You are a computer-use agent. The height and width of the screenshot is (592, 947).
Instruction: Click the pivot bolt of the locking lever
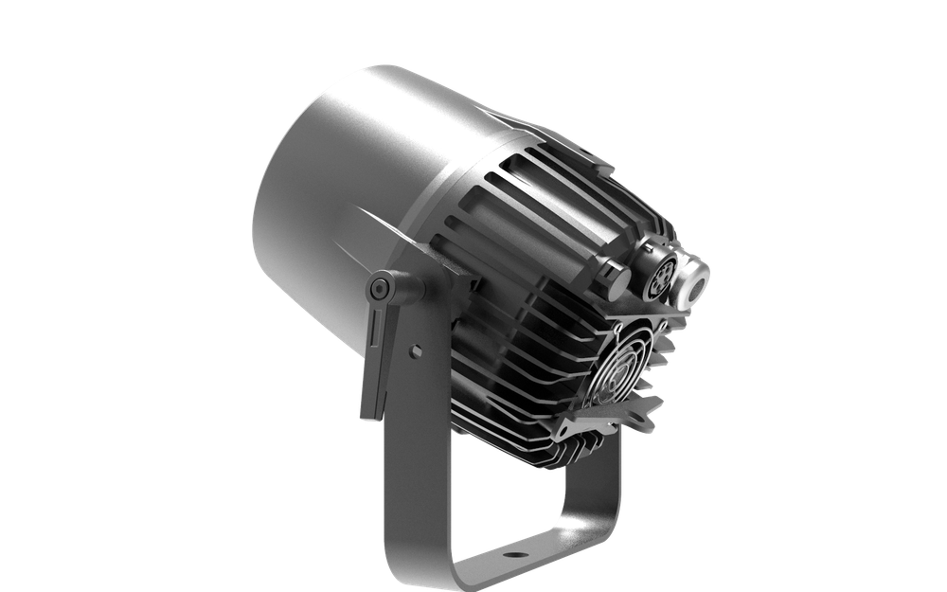380,286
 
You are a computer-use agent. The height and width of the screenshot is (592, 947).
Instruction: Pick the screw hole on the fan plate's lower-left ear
572,431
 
